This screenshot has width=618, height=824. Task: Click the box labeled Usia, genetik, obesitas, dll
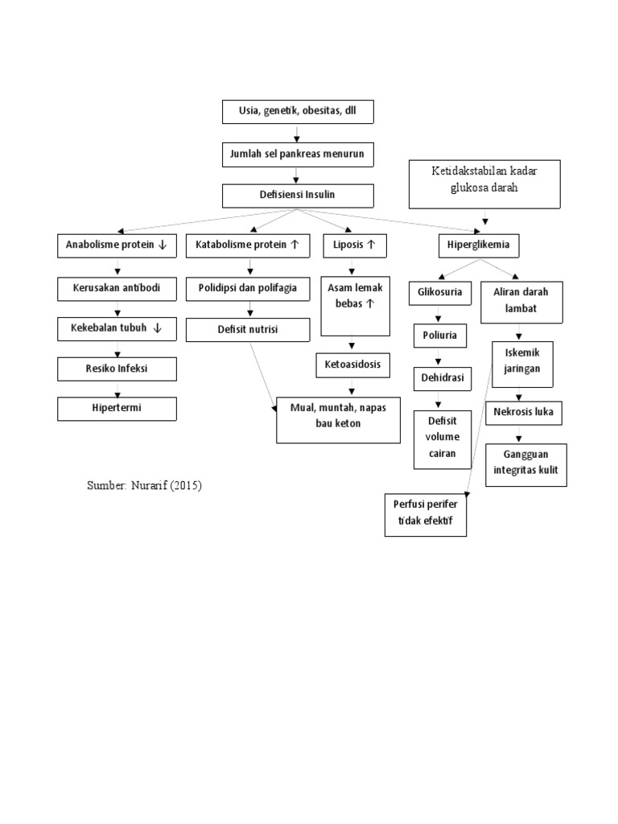pyautogui.click(x=298, y=112)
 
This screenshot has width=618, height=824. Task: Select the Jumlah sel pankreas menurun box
pyautogui.click(x=298, y=154)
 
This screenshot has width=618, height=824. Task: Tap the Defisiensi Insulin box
pyautogui.click(x=298, y=196)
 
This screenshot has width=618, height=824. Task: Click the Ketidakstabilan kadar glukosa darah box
pyautogui.click(x=484, y=183)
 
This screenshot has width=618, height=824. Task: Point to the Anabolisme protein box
pyautogui.click(x=117, y=245)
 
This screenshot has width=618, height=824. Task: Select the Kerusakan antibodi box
pyautogui.click(x=117, y=288)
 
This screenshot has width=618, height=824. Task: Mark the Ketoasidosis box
pyautogui.click(x=353, y=365)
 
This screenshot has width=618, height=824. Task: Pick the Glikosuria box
pyautogui.click(x=440, y=293)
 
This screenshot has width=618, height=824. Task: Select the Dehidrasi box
pyautogui.click(x=440, y=378)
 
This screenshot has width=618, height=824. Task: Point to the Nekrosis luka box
pyautogui.click(x=523, y=414)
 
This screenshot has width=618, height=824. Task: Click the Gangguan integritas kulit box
pyautogui.click(x=526, y=464)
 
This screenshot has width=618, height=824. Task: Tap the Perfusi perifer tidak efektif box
pyautogui.click(x=426, y=513)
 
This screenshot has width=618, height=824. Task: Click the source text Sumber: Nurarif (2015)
pyautogui.click(x=143, y=486)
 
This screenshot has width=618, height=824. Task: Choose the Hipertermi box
pyautogui.click(x=117, y=409)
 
